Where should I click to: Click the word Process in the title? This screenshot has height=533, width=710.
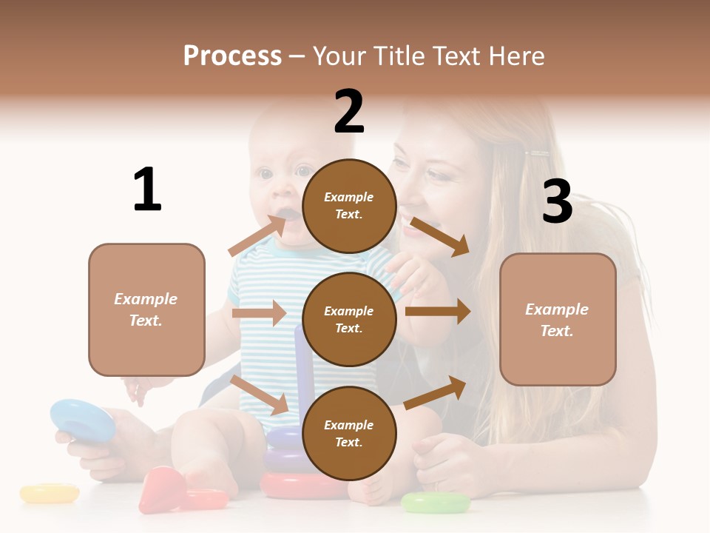[232, 56]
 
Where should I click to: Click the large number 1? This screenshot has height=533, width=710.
[147, 190]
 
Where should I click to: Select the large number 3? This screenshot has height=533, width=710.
[557, 201]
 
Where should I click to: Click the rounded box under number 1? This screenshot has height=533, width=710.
[146, 309]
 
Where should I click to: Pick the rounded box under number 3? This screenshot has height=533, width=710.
[558, 320]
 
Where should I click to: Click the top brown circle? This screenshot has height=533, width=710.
[349, 206]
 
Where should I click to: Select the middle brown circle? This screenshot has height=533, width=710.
[349, 320]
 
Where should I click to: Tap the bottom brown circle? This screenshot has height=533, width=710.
[349, 434]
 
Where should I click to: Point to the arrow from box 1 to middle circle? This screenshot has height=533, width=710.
[259, 313]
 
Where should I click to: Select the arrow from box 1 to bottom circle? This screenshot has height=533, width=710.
[259, 395]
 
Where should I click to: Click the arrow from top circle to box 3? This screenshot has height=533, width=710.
[440, 236]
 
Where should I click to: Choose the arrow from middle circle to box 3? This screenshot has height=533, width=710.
[438, 312]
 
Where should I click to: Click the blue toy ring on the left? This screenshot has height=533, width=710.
[82, 420]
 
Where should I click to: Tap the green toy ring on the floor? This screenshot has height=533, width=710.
[436, 503]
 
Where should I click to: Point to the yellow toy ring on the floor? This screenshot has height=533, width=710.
[49, 493]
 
